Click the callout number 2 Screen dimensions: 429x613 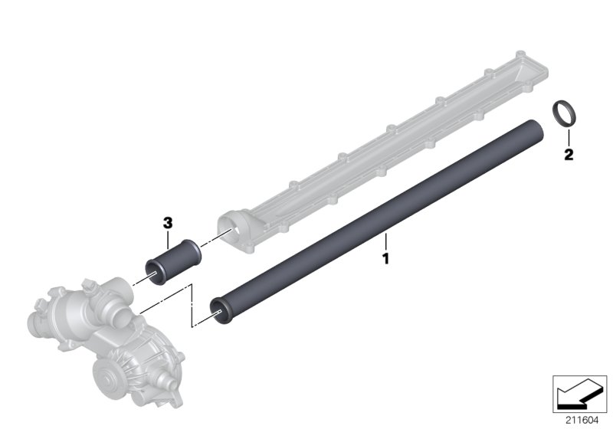coord(568,156)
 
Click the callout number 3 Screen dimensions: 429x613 coord(168,222)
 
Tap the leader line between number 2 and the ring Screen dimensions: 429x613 coord(567,138)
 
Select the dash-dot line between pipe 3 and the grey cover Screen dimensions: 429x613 coord(210,238)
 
